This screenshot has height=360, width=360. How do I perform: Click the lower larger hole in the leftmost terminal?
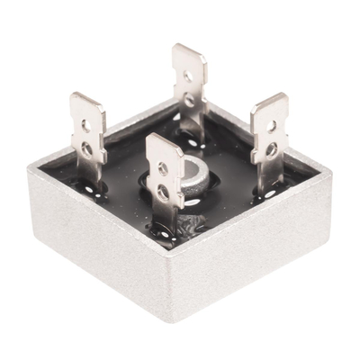tap(86, 145)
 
